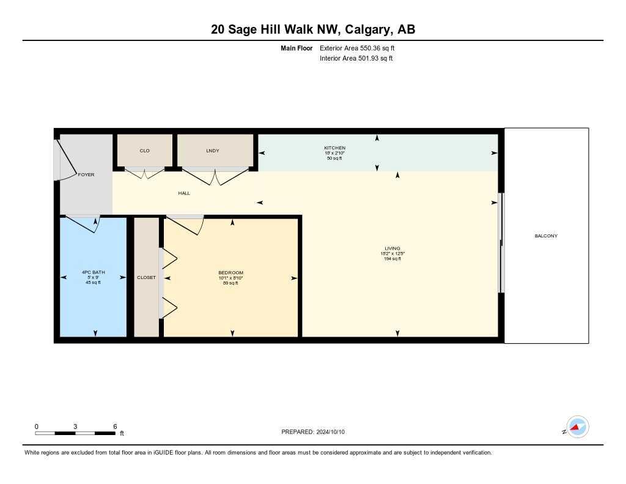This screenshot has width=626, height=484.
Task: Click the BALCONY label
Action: [545, 236]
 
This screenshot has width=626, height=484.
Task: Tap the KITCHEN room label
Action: [334, 148]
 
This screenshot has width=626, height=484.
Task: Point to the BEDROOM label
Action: [230, 273]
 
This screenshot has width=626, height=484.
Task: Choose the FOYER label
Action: [86, 175]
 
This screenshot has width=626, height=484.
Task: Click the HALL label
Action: [184, 193]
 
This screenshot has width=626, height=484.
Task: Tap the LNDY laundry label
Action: [212, 151]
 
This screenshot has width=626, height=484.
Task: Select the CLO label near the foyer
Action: [144, 151]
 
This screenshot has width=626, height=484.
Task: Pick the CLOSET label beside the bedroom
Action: [146, 277]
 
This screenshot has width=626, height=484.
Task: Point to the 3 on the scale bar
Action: [75, 426]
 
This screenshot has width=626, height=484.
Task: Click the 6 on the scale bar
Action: [114, 426]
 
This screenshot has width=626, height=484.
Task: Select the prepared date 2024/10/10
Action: [331, 432]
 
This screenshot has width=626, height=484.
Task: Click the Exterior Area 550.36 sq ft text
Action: [361, 48]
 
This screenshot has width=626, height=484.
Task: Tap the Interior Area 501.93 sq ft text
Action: [356, 59]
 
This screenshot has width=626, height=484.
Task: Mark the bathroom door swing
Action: [85, 223]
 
